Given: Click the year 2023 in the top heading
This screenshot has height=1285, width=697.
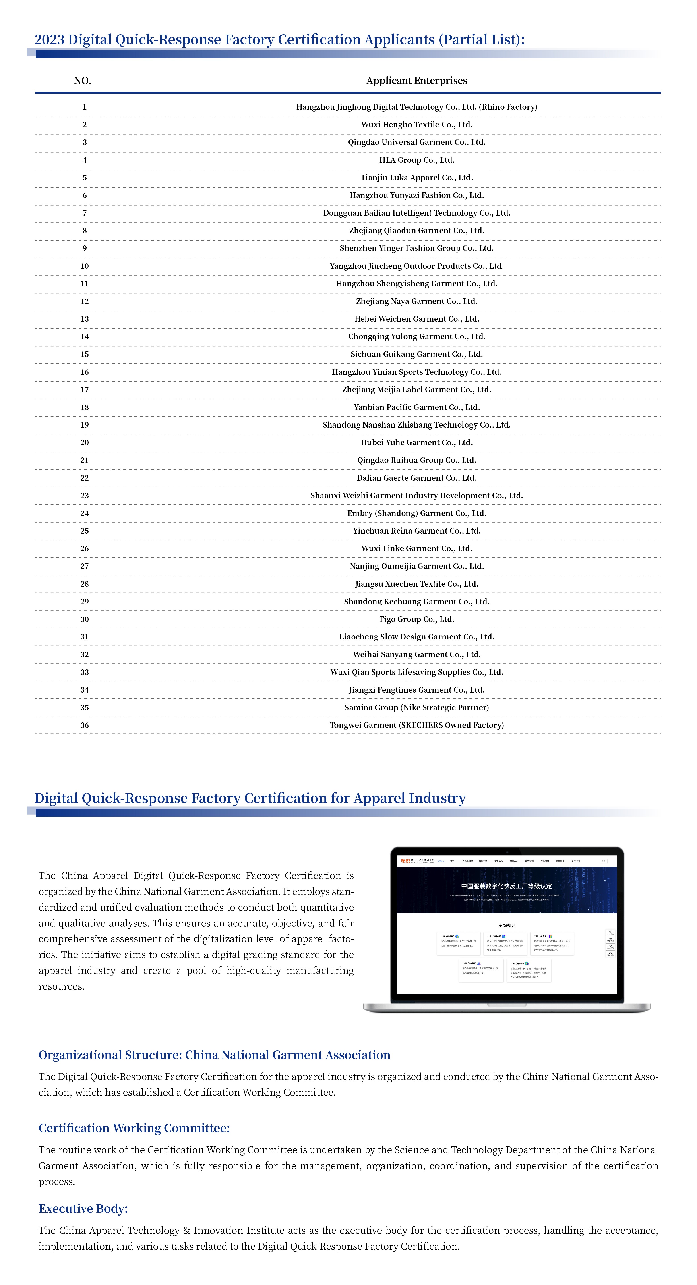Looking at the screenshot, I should point(49,40).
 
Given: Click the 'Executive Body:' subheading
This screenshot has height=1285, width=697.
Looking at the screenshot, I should point(83,1209).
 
